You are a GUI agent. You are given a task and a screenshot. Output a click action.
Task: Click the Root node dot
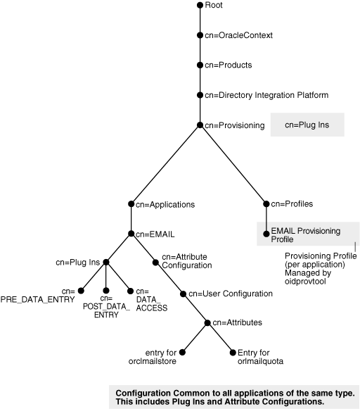click(200, 5)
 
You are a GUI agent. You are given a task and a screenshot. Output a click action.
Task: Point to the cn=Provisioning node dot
click(200, 125)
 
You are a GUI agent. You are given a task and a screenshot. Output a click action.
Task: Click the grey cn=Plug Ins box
click(307, 125)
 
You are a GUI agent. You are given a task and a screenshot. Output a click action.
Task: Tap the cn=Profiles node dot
click(266, 204)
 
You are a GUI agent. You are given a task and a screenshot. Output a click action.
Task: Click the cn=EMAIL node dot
click(131, 234)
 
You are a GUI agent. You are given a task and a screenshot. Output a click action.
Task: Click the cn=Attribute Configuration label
click(187, 261)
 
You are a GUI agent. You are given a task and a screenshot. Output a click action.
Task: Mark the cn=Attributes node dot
click(207, 322)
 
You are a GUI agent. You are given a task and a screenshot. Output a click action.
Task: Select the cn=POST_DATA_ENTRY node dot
click(105, 290)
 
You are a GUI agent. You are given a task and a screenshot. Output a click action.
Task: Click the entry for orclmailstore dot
click(181, 351)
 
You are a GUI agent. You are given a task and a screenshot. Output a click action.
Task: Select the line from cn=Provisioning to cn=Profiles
click(233, 165)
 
